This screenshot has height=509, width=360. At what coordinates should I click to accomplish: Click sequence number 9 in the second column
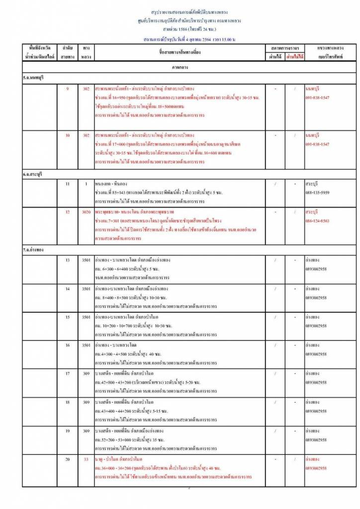pyautogui.click(x=67, y=89)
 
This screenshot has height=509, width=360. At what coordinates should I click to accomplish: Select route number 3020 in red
pyautogui.click(x=86, y=212)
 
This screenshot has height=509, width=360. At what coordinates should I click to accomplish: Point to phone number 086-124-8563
pyautogui.click(x=317, y=220)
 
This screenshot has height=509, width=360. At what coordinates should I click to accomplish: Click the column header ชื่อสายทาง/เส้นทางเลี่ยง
pyautogui.click(x=180, y=52)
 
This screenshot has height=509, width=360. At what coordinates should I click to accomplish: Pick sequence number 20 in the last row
pyautogui.click(x=67, y=459)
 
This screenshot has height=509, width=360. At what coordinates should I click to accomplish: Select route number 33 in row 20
pyautogui.click(x=86, y=459)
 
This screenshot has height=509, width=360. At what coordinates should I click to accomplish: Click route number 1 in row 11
pyautogui.click(x=86, y=184)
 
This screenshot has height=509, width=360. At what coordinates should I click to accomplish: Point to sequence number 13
pyautogui.click(x=67, y=260)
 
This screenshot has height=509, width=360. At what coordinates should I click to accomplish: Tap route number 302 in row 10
pyautogui.click(x=86, y=135)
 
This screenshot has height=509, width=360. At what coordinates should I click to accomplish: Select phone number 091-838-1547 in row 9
pyautogui.click(x=317, y=97)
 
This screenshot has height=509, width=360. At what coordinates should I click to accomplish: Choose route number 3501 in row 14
pyautogui.click(x=86, y=288)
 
